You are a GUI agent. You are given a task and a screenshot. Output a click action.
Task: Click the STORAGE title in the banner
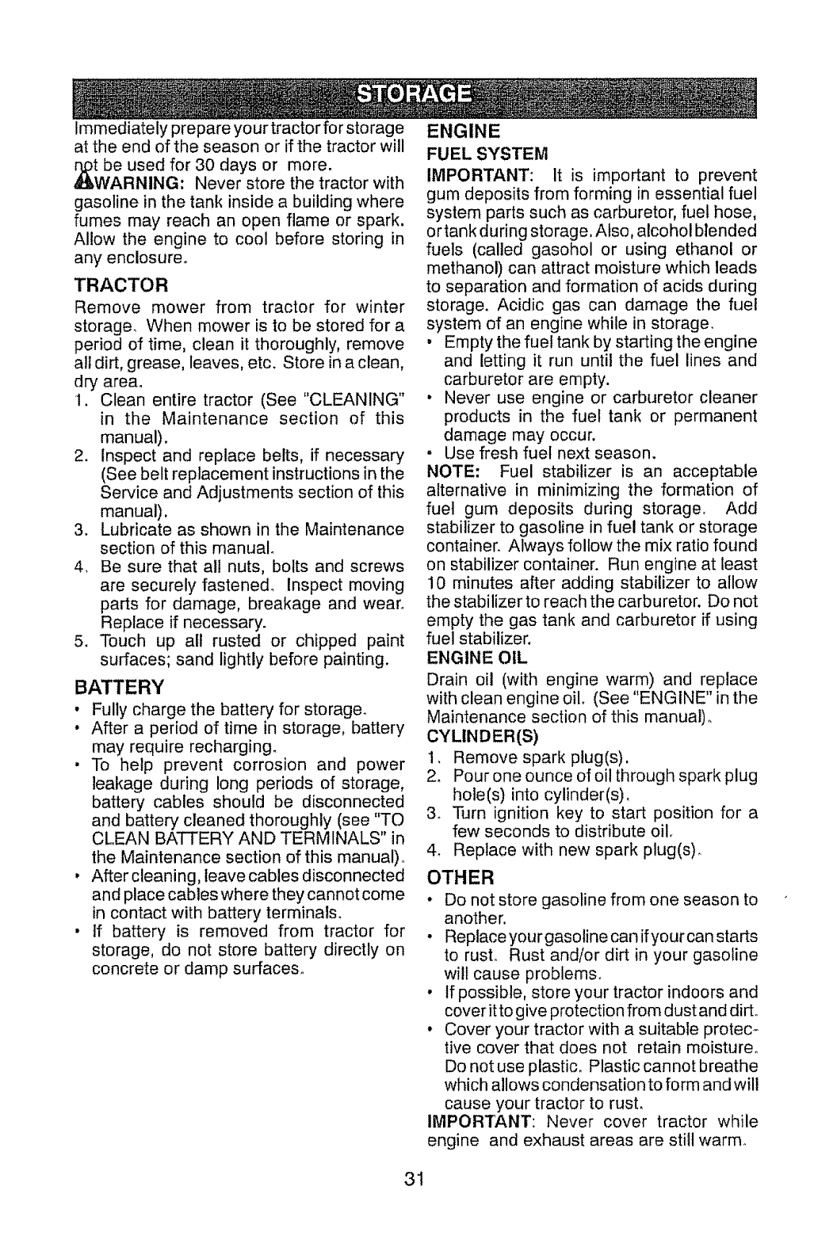click(x=418, y=95)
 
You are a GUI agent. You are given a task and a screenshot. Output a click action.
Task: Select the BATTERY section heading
click(x=120, y=685)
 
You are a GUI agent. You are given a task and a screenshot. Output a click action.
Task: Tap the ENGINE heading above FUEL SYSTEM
click(x=464, y=130)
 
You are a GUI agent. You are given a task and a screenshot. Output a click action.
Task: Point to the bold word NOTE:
click(x=452, y=473)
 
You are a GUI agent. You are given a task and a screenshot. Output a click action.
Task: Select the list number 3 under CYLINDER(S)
click(x=433, y=813)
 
